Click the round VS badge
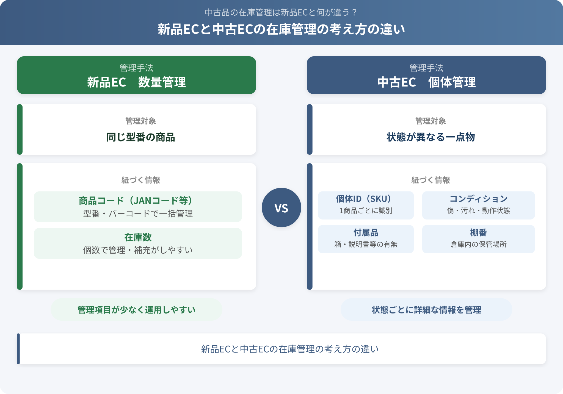click(281, 207)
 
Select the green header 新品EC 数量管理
click(136, 75)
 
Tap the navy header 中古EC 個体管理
click(426, 75)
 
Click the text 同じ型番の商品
click(140, 137)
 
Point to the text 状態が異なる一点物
click(430, 137)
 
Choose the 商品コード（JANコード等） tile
click(138, 207)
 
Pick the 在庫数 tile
click(138, 243)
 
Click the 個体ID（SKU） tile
click(366, 205)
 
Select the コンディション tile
click(478, 205)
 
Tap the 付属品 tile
click(366, 239)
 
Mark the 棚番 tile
click(478, 239)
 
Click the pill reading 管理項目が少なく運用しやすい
click(136, 310)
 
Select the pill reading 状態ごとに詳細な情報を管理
click(426, 310)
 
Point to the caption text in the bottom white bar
click(290, 349)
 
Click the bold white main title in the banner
click(281, 29)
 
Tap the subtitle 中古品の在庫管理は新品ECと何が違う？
click(281, 12)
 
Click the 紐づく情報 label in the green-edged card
click(140, 180)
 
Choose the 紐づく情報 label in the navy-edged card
click(430, 180)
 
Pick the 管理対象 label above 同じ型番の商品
click(140, 121)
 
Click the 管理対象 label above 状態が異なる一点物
click(430, 121)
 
